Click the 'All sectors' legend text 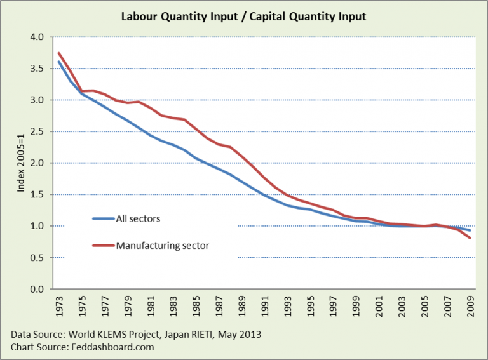pyautogui.click(x=137, y=218)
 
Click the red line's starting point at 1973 pyautogui.click(x=58, y=53)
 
